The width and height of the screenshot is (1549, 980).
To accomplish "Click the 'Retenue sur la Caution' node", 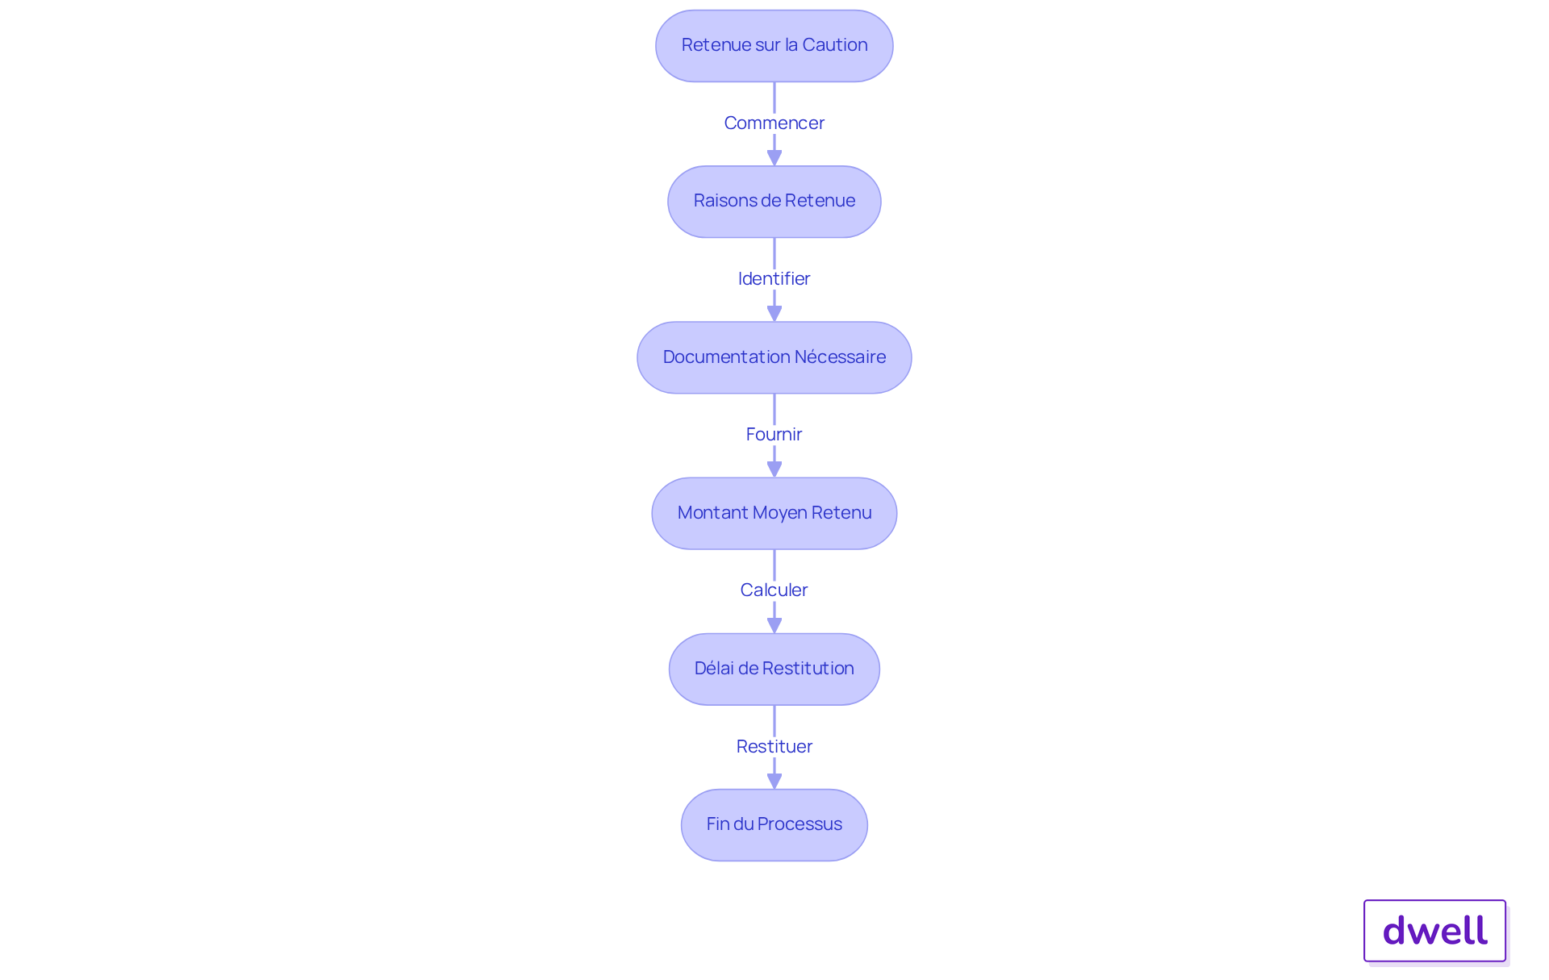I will (x=774, y=46).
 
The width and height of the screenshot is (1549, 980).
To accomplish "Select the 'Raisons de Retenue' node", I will (x=774, y=202).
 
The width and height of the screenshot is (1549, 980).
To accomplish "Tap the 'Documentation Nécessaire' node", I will (x=774, y=357).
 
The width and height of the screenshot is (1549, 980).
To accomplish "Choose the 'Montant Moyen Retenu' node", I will (x=774, y=513).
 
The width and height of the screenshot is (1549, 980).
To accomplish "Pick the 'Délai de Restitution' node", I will (x=774, y=669).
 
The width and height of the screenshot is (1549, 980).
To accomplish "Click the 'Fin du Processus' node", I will (x=774, y=824).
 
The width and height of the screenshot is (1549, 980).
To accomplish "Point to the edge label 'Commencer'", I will (x=774, y=123).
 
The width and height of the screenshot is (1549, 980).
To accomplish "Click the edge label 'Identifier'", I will (x=774, y=278).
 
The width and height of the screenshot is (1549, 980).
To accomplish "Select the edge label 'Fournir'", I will (x=774, y=434).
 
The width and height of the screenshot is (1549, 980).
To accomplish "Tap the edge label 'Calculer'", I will (x=774, y=590).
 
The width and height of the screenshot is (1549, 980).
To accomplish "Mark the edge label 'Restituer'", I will (x=774, y=746).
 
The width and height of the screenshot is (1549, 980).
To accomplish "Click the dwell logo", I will (x=1434, y=931).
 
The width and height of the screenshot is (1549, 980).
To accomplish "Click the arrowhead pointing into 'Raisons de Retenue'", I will (x=774, y=157).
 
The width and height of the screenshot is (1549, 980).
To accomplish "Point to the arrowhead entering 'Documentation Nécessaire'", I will (x=774, y=313).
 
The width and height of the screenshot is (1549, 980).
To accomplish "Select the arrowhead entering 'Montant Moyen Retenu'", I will (x=774, y=469).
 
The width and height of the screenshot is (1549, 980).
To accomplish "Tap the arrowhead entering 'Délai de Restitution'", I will (x=774, y=624).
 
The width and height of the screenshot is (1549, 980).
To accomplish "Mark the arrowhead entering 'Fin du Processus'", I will (x=774, y=780).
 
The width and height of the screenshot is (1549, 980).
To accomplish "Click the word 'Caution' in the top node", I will (x=835, y=45).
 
